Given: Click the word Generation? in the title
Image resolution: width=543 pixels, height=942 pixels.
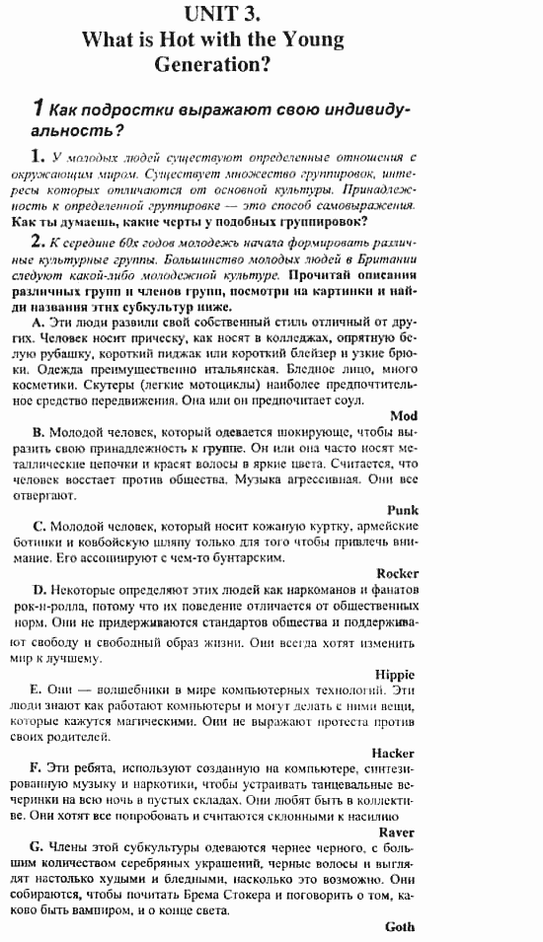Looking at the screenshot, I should point(212,66).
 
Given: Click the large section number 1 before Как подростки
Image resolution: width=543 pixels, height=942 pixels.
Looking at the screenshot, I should point(37,108).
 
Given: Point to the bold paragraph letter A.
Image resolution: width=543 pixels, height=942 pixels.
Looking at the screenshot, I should point(38,323).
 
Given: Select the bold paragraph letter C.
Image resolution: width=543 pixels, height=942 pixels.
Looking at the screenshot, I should point(38,526).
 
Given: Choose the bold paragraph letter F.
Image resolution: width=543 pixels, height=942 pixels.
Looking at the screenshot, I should point(37,767).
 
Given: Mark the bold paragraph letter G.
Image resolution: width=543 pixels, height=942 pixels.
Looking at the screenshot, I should point(38,847).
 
